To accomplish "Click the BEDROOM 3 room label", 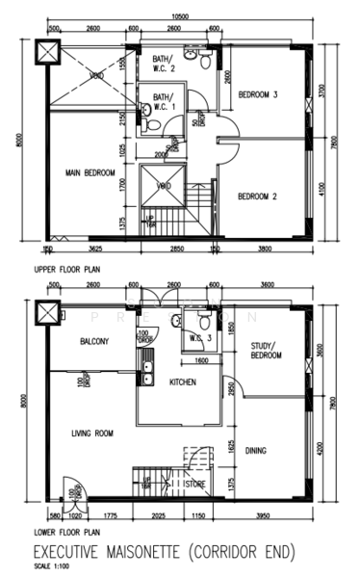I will tap(259, 94).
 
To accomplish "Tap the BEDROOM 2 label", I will tap(258, 197).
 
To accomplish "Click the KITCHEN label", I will tap(183, 382).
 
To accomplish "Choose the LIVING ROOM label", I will tap(91, 434).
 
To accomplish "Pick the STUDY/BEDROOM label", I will tap(265, 351).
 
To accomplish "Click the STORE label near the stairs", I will tap(196, 485).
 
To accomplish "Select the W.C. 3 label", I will tap(200, 337).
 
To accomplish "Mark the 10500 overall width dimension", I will tap(179, 18).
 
